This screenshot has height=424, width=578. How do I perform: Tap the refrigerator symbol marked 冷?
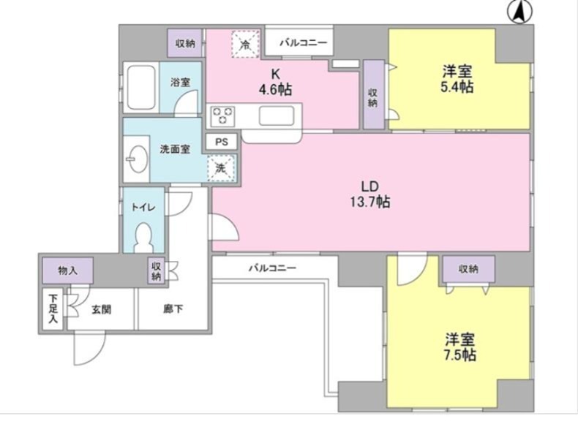pyautogui.click(x=246, y=44)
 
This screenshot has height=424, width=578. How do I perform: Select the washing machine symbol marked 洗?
pyautogui.click(x=220, y=168)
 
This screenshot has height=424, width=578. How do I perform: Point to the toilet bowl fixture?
pyautogui.click(x=144, y=237)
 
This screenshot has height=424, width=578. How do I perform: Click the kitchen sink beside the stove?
pyautogui.click(x=277, y=116)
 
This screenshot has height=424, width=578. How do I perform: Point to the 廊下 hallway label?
pyautogui.click(x=173, y=309)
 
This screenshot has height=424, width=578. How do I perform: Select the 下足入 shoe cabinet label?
pyautogui.click(x=53, y=309)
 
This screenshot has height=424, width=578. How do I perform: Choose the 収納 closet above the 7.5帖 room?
pyautogui.click(x=468, y=269)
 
